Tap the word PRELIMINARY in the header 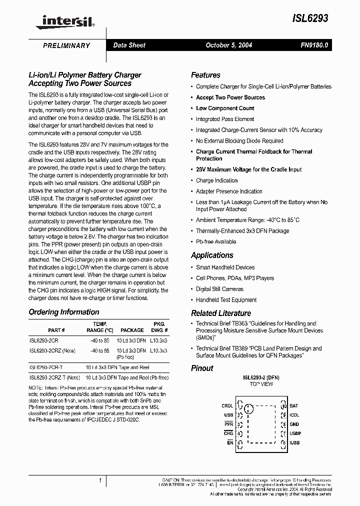(66, 45)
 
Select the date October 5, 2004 (229, 45)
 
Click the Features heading (205, 75)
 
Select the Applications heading (212, 255)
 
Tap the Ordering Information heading (64, 312)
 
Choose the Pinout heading (202, 368)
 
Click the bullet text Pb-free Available (216, 241)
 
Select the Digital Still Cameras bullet (219, 289)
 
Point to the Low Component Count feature (225, 108)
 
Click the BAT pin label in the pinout (293, 406)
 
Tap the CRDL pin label (227, 406)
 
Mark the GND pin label (294, 424)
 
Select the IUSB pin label (294, 442)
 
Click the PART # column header (56, 330)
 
